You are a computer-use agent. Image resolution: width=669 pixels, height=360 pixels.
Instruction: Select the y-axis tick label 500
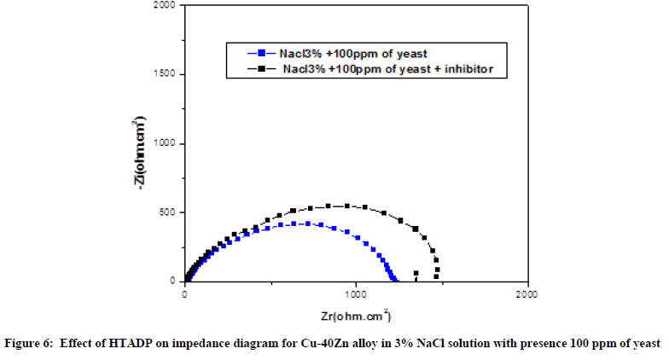click(x=168, y=212)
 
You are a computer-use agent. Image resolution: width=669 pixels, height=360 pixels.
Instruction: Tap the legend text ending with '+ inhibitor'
click(x=388, y=67)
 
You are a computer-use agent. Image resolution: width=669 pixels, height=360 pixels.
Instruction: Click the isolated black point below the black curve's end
click(x=416, y=274)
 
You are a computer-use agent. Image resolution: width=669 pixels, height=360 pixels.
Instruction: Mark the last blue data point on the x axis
click(x=395, y=279)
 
